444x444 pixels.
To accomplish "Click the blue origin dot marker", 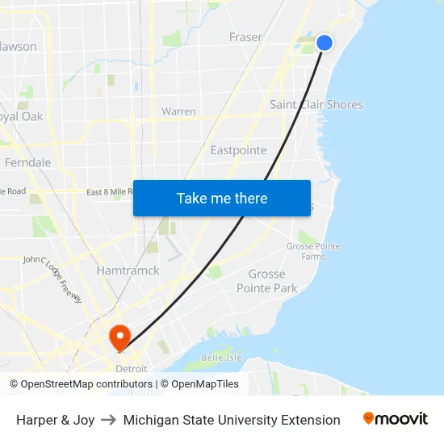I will [325, 43].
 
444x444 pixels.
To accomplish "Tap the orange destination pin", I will [119, 337].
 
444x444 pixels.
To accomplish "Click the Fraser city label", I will [245, 37].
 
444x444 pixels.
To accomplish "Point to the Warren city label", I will [178, 111].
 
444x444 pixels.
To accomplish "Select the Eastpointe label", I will [238, 150].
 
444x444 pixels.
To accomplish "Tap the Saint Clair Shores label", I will [316, 104].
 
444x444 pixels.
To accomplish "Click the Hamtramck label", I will [128, 270].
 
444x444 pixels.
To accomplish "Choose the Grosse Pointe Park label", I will [266, 281].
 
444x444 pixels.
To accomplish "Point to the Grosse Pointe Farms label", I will [313, 251].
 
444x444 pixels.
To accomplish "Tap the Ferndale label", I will [27, 162].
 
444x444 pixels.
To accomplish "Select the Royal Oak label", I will [21, 116].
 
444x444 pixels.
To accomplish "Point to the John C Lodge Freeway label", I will [52, 279].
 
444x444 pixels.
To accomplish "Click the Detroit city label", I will [131, 368].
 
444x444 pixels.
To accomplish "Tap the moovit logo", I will [395, 419].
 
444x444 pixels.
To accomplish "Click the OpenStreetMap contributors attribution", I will [81, 384].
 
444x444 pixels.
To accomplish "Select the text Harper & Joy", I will [55, 420].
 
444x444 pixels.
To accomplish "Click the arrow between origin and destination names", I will [109, 420].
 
